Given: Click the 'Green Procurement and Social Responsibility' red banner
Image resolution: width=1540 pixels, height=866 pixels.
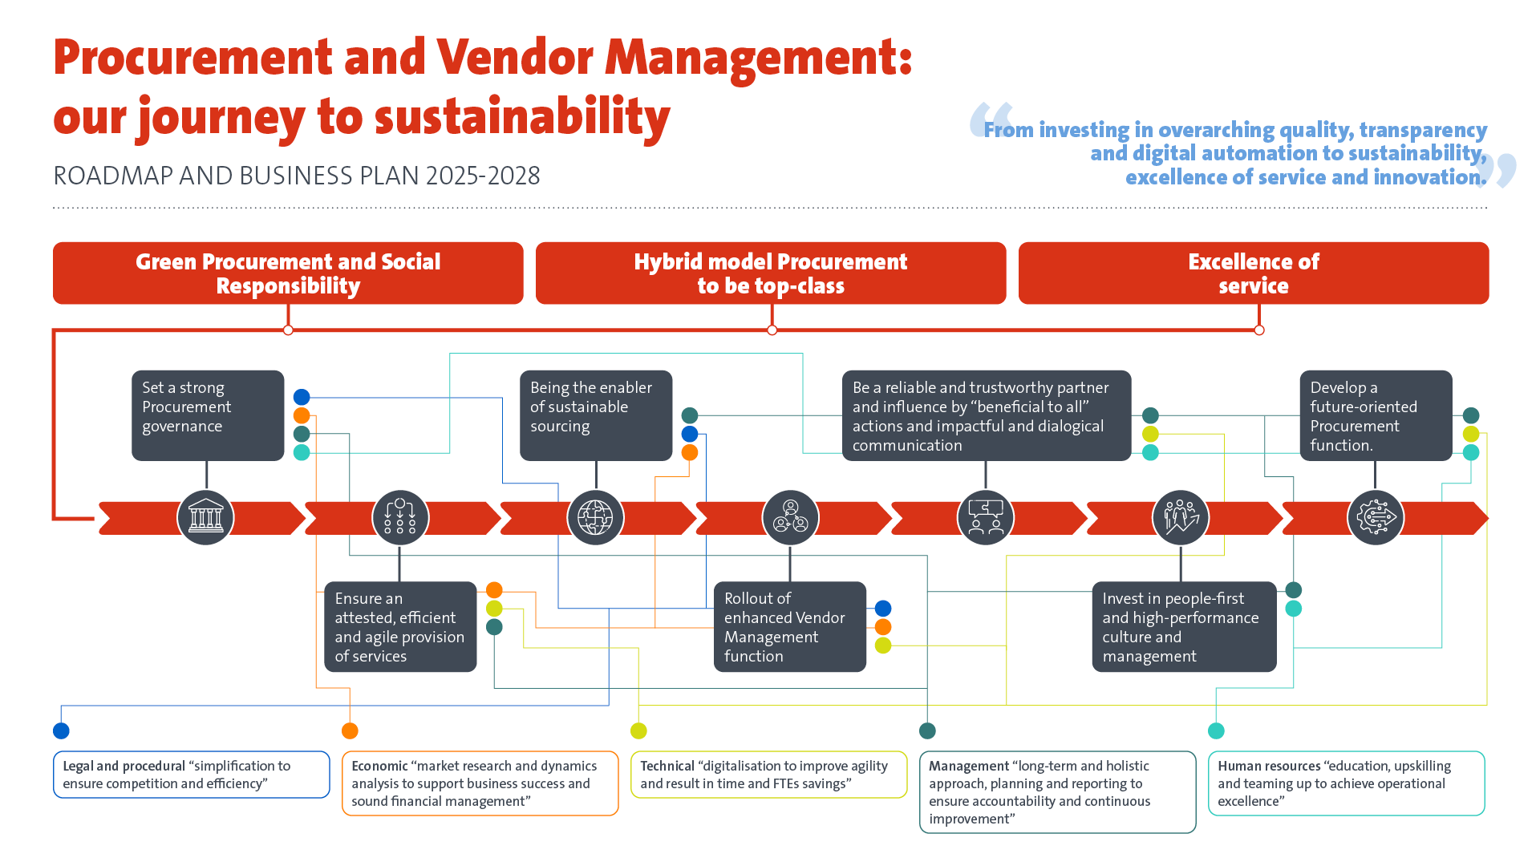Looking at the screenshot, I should pos(288,273).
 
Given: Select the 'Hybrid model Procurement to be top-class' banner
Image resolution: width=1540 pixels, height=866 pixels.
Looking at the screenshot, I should pos(770,273).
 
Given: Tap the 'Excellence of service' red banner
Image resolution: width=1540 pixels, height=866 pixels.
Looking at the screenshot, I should pos(1253,273).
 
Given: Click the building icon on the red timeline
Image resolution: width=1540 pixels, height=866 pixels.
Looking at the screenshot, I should pos(205,517).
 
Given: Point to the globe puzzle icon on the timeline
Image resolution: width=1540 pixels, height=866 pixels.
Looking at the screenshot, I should pos(595,517).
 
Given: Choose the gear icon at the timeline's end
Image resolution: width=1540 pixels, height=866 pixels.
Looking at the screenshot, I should pos(1376,517).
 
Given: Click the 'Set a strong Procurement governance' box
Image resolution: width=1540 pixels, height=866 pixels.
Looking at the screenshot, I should pos(208,415).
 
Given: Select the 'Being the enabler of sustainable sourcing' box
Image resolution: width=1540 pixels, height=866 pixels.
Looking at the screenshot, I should pos(595,415).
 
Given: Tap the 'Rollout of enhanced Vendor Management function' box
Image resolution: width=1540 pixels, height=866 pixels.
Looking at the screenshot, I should pos(789,626).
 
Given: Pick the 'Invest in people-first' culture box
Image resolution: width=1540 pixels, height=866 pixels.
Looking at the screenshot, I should pos(1183,626).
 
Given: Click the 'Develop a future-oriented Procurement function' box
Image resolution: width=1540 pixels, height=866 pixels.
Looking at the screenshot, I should pos(1375,415).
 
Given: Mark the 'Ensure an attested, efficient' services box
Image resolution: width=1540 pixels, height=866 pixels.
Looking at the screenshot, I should pos(399,626).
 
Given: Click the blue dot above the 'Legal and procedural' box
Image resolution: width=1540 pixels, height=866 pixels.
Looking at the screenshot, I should pos(61,730).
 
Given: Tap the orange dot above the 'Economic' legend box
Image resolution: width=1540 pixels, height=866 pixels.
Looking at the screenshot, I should pos(350,730).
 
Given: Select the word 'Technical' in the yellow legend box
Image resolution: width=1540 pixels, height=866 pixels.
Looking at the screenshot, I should pos(667,767).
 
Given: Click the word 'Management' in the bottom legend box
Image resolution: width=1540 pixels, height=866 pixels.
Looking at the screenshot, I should pos(968,767).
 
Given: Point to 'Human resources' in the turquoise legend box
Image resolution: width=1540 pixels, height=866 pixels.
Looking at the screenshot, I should pos(1268,767).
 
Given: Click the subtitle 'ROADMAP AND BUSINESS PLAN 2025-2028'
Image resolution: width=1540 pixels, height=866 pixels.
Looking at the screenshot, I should pos(297,176).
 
